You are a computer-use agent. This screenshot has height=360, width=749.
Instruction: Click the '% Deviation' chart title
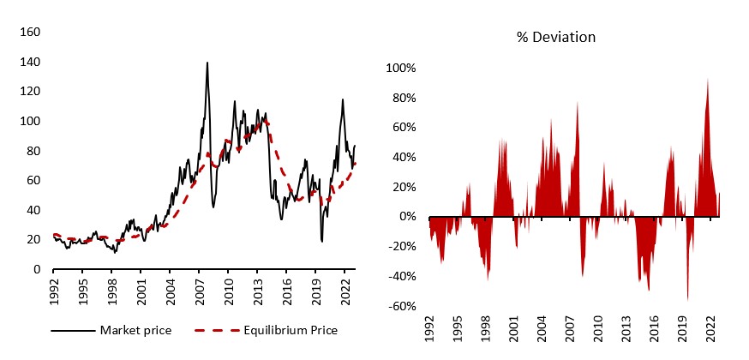pos(555,37)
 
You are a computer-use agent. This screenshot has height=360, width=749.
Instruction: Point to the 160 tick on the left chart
pos(31,33)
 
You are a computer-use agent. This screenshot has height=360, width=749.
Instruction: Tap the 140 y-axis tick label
pos(31,63)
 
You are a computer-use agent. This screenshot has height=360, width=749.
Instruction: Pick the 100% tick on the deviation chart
pos(402,68)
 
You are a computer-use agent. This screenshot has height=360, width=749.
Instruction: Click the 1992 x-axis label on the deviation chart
pos(430,329)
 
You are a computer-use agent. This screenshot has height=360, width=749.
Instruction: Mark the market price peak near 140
pos(207,63)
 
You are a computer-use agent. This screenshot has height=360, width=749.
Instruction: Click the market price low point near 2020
pos(322,241)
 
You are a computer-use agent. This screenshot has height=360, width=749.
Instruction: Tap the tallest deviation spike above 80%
pos(708,79)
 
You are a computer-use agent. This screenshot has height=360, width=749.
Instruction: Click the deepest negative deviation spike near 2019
pos(687,300)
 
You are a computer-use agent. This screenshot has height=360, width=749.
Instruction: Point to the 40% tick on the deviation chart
pos(404,157)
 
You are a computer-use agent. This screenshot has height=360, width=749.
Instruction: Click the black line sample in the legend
pos(72,331)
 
